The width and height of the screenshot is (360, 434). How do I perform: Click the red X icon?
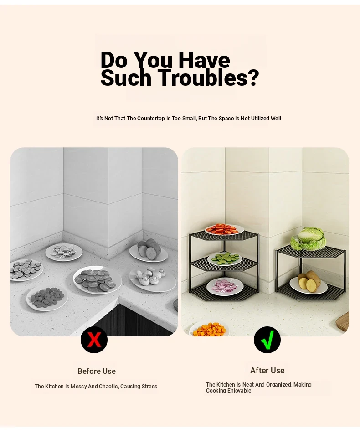pos(94,340)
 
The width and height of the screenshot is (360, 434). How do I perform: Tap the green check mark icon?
pos(267,340)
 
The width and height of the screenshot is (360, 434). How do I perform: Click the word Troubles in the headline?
pos(209,77)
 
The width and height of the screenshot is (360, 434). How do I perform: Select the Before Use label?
pos(97,371)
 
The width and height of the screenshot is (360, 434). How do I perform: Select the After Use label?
pos(267,370)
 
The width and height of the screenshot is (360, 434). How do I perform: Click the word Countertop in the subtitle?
pos(151,119)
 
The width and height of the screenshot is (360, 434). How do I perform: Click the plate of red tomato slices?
pos(224,229)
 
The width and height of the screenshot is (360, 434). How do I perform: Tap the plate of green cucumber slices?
pos(225,259)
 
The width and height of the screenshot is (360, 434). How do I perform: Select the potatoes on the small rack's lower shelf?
pos(309,281)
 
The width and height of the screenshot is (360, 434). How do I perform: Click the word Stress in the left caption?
pos(149,387)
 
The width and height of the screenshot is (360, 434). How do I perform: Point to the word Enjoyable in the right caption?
pos(238,391)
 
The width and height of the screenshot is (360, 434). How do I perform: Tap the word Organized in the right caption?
pos(278,385)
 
